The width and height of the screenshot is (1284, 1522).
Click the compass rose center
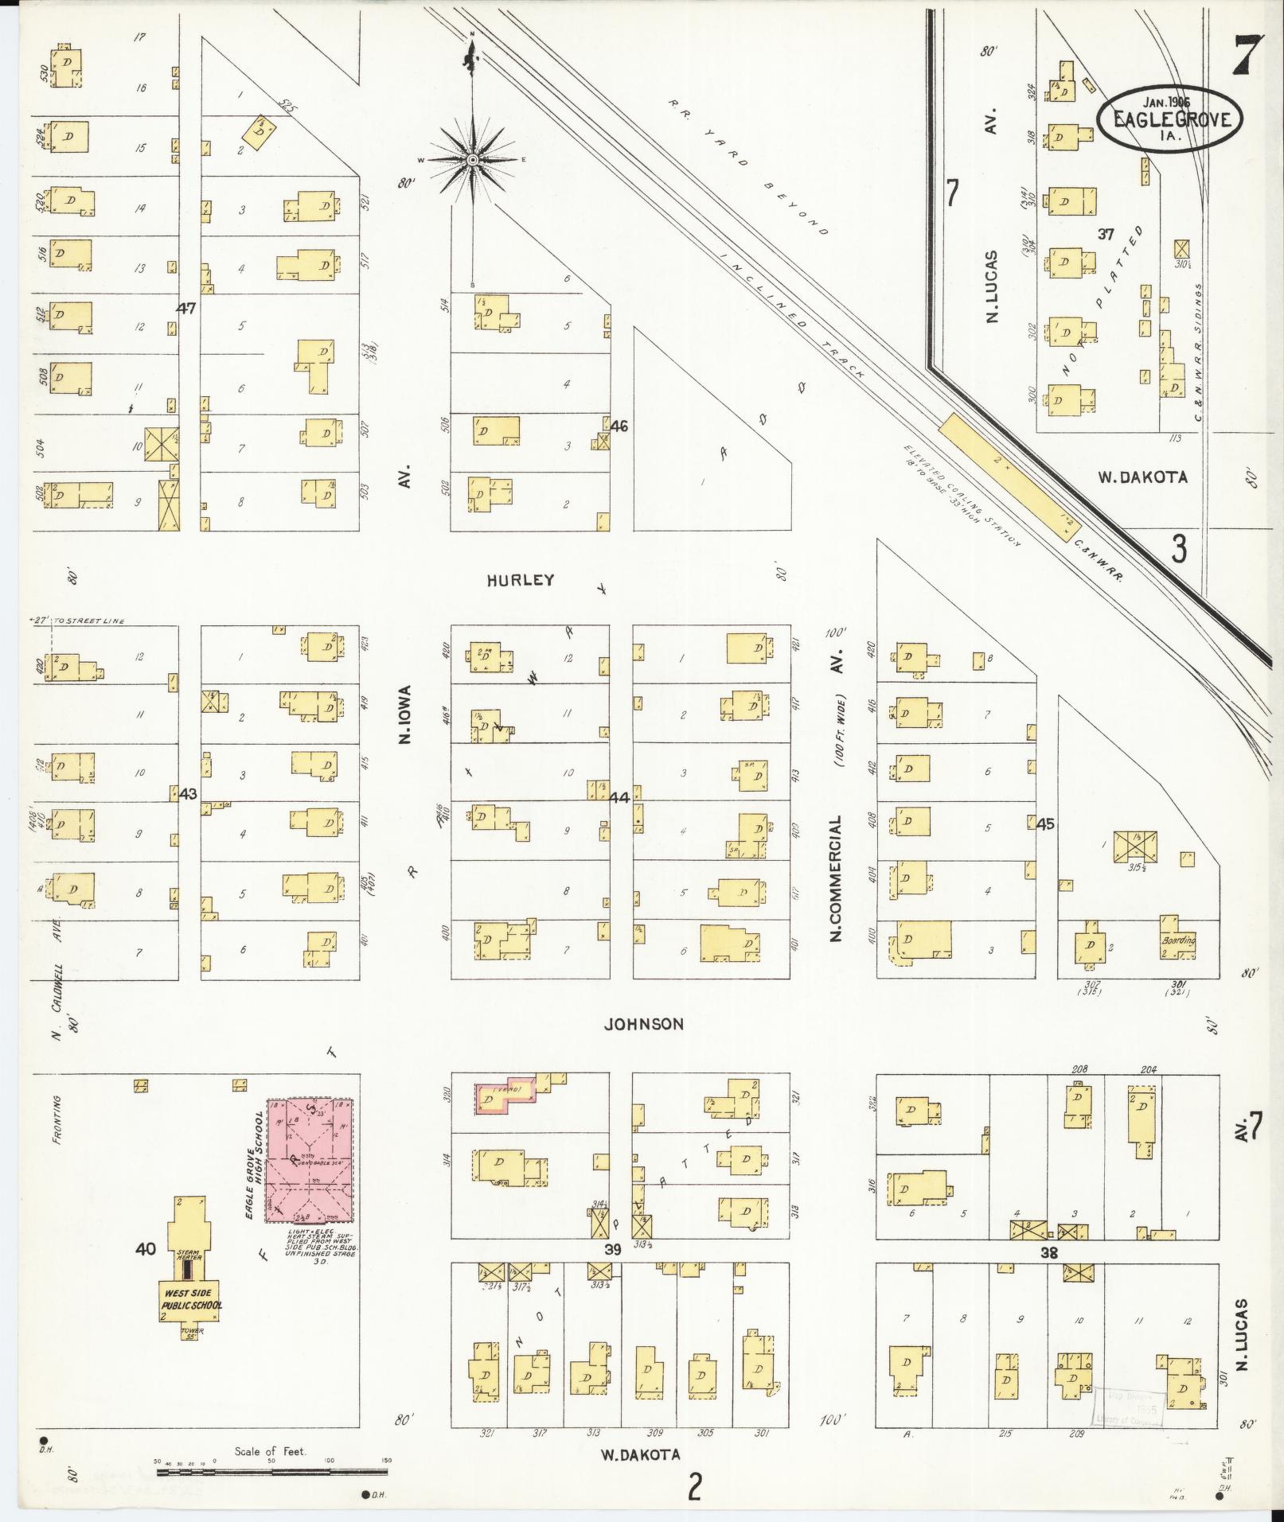click(473, 160)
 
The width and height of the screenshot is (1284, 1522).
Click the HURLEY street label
click(521, 580)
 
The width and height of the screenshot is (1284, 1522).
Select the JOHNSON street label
click(643, 1024)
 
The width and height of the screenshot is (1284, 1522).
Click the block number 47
click(186, 308)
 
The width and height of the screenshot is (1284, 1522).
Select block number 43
click(188, 794)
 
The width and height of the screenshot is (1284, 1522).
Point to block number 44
click(619, 797)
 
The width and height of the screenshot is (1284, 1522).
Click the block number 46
click(619, 426)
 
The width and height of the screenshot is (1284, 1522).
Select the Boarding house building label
click(1178, 940)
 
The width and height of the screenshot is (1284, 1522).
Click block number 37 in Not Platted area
click(1106, 234)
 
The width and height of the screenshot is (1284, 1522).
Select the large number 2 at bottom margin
click(695, 1486)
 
